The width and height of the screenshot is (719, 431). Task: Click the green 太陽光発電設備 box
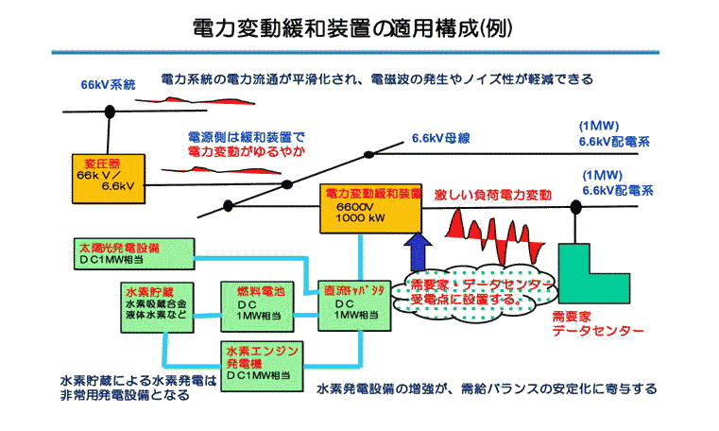pyautogui.click(x=131, y=252)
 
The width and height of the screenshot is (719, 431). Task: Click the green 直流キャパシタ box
pyautogui.click(x=351, y=302)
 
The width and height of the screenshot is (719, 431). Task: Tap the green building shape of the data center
pyautogui.click(x=587, y=274)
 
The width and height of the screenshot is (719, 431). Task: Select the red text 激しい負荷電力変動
pyautogui.click(x=493, y=194)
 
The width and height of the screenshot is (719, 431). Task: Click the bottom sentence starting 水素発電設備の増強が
pyautogui.click(x=486, y=388)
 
